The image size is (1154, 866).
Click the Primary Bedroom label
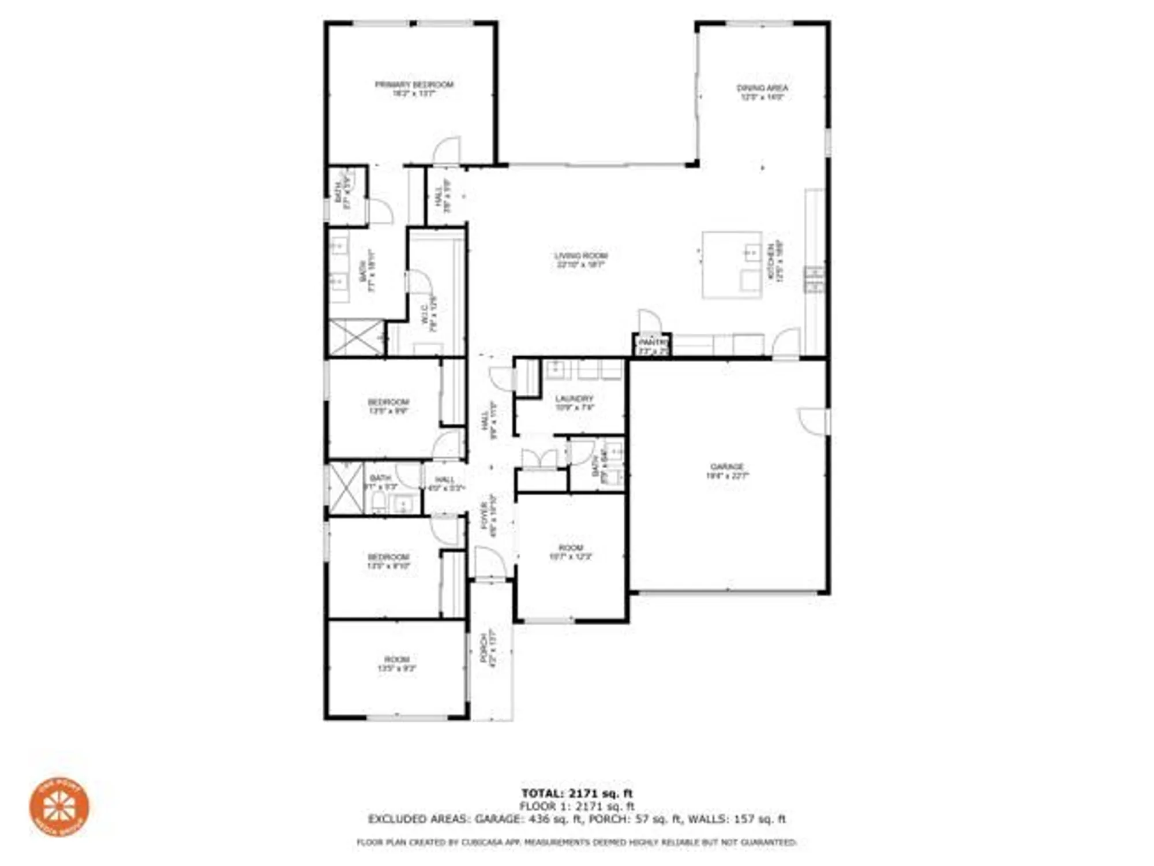point(414,85)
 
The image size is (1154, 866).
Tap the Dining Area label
point(762,88)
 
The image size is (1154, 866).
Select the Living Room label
point(580,256)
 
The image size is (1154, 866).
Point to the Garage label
point(727,466)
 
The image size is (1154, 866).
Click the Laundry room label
point(574,398)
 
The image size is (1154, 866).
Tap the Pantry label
point(652,342)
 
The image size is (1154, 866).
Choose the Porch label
point(484,648)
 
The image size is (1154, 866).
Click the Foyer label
point(485,516)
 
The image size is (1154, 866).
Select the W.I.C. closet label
point(424,315)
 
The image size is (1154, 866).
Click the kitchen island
point(732,265)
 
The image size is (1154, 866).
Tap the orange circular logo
point(59,807)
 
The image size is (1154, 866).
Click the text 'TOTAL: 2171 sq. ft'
point(577,793)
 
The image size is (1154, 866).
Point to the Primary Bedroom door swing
point(447,150)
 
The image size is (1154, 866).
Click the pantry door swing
point(649,322)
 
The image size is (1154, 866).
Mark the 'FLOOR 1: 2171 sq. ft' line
point(577,806)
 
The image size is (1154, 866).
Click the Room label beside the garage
point(571,547)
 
